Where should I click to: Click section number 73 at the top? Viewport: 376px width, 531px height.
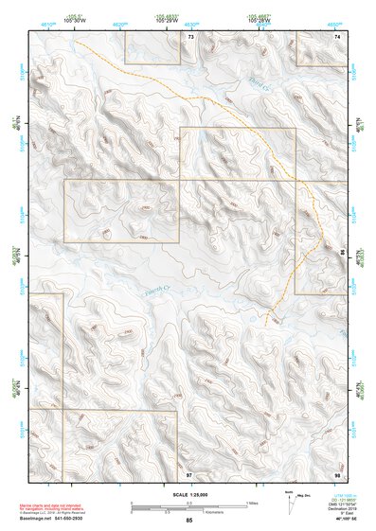click(x=190, y=36)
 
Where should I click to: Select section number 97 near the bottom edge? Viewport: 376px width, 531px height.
click(x=189, y=472)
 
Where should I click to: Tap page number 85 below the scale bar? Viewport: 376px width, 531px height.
click(x=189, y=521)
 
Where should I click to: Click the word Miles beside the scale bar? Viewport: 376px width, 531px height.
click(x=253, y=503)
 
